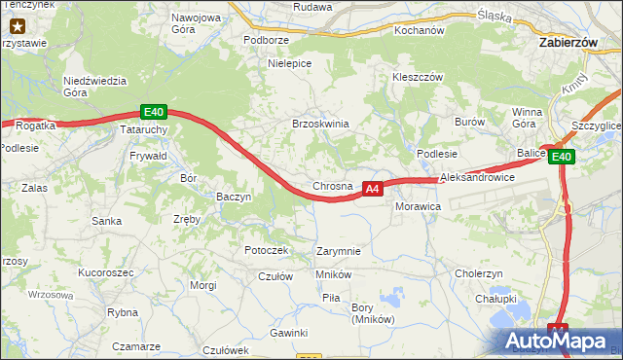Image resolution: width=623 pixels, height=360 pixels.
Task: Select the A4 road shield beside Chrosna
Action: point(372,189)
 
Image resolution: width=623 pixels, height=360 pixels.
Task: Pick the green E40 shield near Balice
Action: point(562,157)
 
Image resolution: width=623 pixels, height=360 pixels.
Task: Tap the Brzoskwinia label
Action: point(320,124)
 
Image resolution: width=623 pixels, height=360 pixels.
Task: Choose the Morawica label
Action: point(419,207)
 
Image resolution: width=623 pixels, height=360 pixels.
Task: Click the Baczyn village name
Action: point(234,197)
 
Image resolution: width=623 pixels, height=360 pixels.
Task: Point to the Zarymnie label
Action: point(339,251)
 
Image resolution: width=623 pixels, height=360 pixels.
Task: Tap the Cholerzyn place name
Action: point(478,273)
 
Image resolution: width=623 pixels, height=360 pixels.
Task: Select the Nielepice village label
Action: point(289,63)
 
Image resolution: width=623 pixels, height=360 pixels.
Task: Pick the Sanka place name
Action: point(106,221)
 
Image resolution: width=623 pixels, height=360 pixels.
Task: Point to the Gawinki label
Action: point(289,333)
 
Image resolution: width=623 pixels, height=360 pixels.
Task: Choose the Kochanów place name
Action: point(419,30)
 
